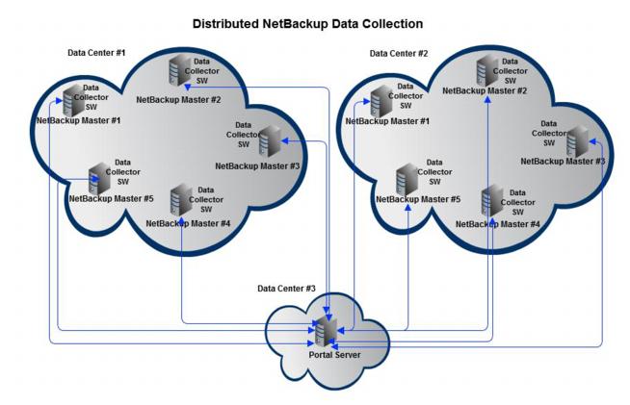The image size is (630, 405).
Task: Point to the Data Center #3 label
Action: (x=286, y=288)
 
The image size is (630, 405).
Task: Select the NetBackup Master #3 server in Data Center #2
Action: (x=576, y=141)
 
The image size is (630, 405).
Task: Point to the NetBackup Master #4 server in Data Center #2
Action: (x=491, y=202)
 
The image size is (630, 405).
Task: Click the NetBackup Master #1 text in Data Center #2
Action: (x=390, y=122)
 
